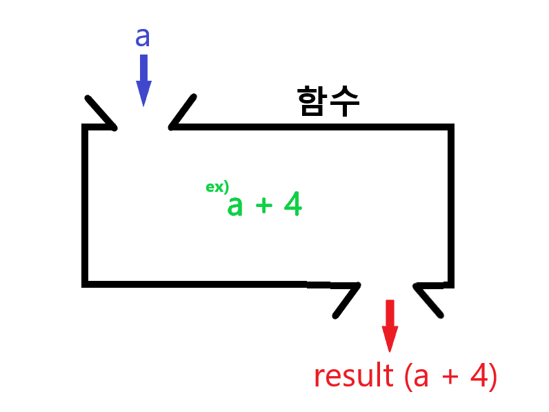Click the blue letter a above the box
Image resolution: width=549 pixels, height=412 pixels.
143,37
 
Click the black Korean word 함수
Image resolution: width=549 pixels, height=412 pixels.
328,102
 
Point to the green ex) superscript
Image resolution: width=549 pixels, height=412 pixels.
217,187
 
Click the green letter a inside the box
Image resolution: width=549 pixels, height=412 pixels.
235,206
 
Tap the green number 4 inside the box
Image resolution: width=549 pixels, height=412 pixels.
291,205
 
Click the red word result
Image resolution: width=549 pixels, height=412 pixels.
353,376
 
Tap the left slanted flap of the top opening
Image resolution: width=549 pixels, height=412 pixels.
100,111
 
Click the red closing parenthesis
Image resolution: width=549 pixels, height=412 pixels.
492,377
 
